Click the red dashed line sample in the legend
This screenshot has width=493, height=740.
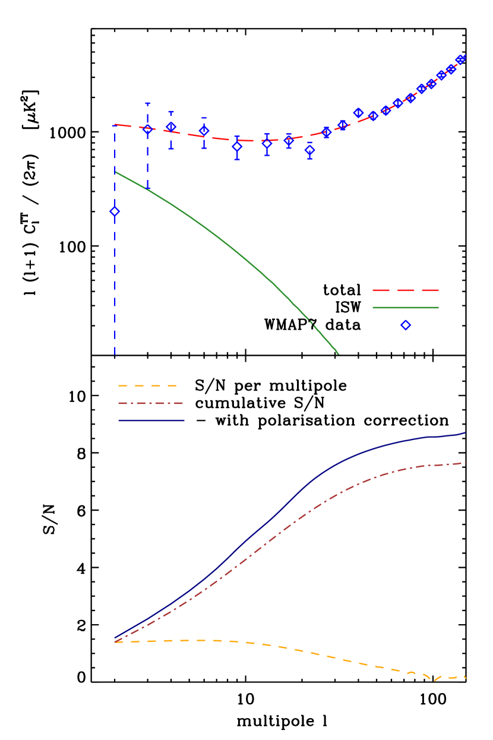[405, 290]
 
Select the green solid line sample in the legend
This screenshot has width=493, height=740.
[405, 308]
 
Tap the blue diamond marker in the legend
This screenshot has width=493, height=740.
[406, 325]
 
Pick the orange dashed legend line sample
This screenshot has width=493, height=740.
[148, 386]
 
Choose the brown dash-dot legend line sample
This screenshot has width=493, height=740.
[151, 403]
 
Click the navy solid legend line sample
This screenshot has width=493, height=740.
[151, 420]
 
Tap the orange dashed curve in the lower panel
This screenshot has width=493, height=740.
[297, 650]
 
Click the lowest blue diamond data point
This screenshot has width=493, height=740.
[115, 211]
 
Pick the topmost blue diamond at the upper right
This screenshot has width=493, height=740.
[461, 59]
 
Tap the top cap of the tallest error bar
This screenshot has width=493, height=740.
[147, 103]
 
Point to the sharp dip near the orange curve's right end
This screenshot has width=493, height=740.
[435, 680]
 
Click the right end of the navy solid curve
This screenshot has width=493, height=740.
[465, 433]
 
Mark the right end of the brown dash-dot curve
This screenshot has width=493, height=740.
[465, 463]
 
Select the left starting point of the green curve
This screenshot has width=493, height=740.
[115, 172]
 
